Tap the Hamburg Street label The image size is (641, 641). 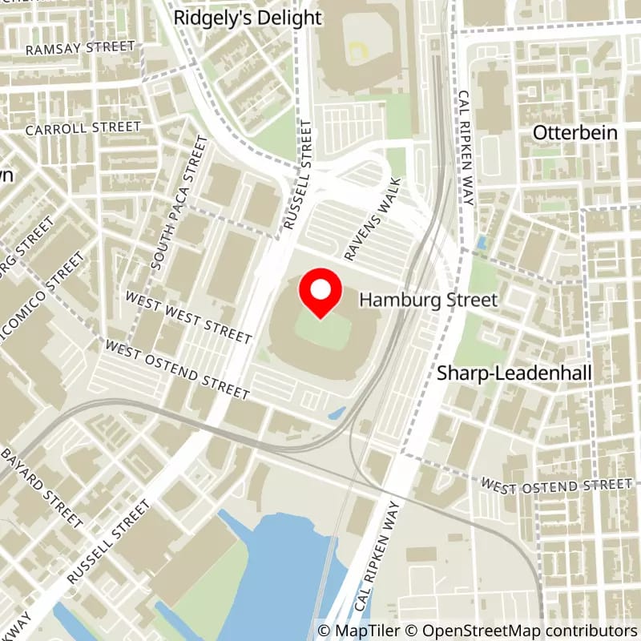(x=429, y=300)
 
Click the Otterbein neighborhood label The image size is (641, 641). (x=575, y=132)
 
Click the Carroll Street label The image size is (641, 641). (x=83, y=128)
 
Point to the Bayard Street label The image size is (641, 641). (x=42, y=486)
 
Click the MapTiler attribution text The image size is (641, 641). (x=356, y=631)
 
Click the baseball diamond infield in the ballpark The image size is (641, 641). (x=357, y=49)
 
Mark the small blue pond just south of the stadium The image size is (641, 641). (x=337, y=413)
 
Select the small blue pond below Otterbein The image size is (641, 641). (x=481, y=241)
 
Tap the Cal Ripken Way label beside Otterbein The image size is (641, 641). (x=466, y=147)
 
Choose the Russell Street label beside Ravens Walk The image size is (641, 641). (x=296, y=177)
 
